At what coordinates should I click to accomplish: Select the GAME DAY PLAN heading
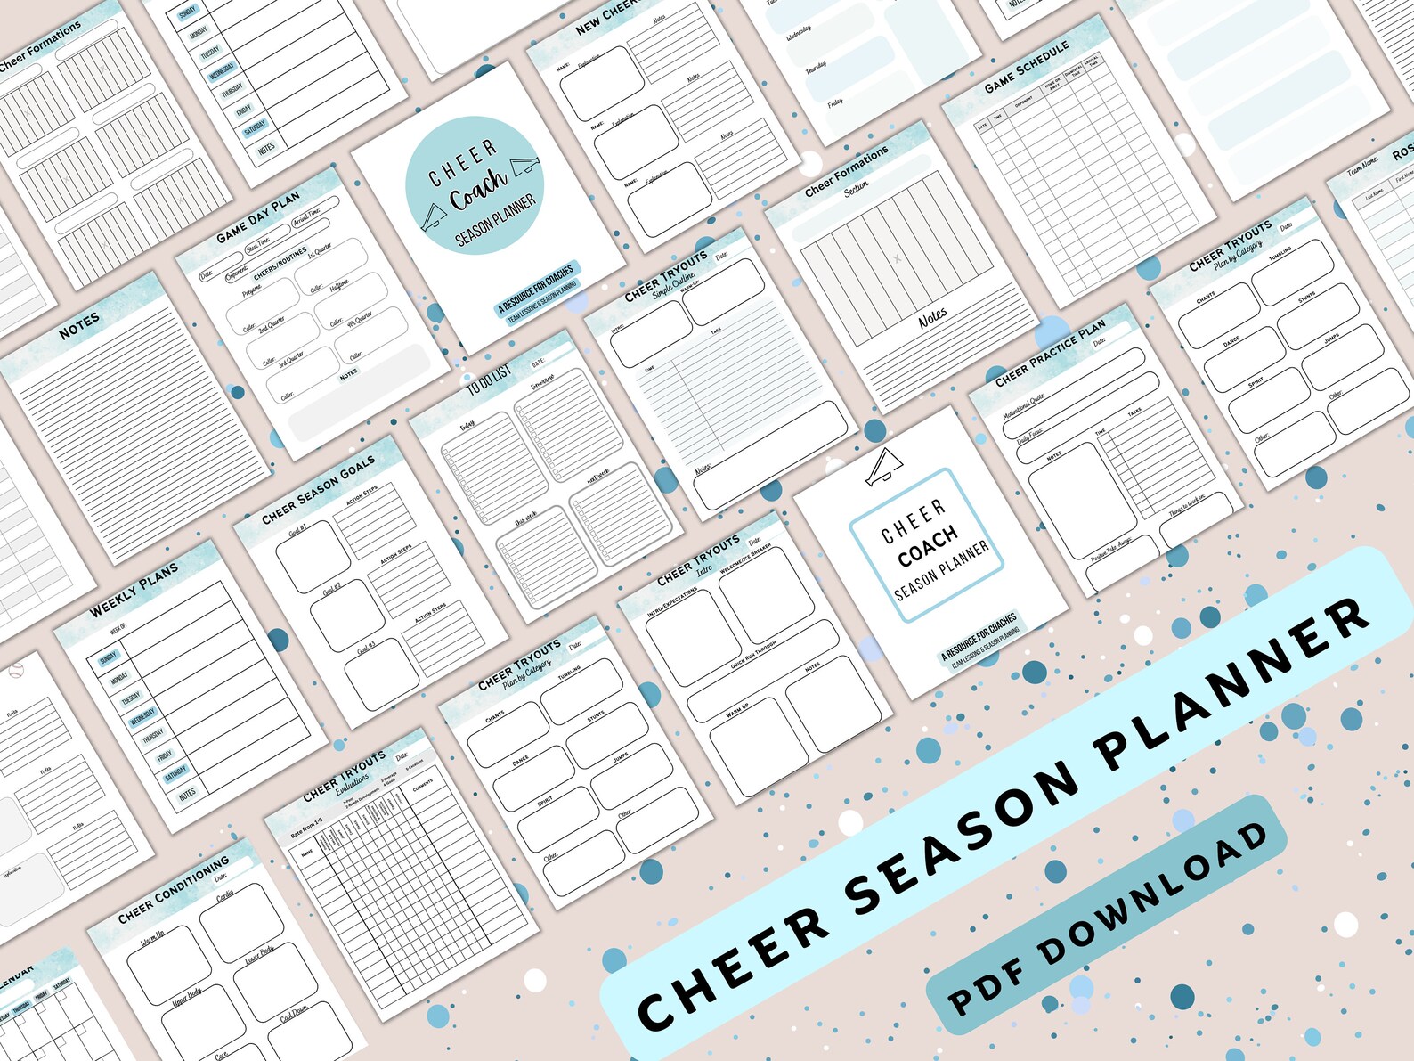click(x=258, y=217)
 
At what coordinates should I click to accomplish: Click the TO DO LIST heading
click(x=489, y=378)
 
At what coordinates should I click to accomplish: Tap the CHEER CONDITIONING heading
click(x=174, y=891)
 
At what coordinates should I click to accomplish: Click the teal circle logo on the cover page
click(x=474, y=185)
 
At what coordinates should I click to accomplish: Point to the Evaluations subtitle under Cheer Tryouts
click(x=352, y=781)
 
